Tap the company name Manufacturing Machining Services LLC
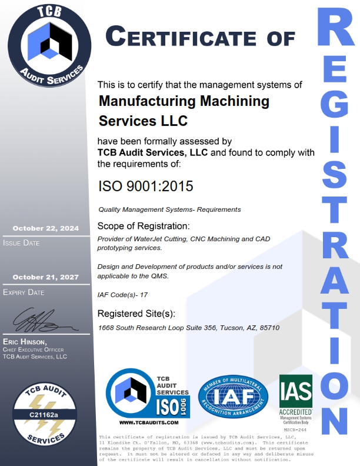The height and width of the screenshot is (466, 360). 184,111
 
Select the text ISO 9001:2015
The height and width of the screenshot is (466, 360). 145,187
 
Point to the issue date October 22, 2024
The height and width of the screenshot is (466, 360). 45,228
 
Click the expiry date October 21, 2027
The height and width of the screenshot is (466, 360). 45,277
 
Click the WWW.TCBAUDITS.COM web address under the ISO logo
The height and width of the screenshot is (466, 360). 148,422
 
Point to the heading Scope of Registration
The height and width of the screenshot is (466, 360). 143,226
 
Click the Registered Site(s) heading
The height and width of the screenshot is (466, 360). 136,313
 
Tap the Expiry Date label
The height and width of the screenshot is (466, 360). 24,292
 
